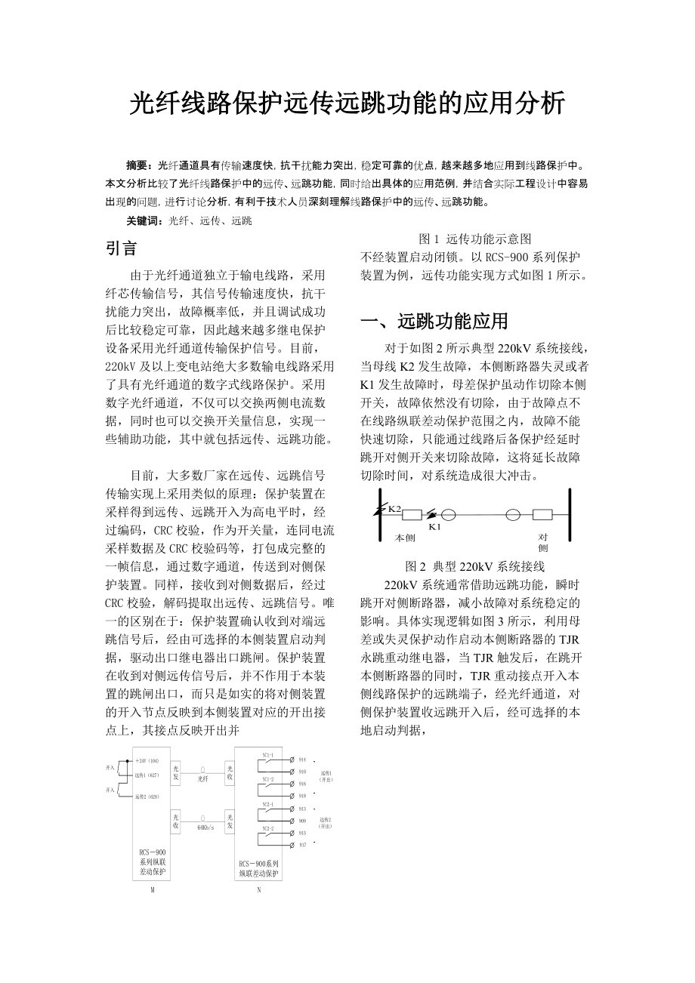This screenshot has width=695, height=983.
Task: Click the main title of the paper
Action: (347, 103)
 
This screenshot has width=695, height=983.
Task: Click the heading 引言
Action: (121, 248)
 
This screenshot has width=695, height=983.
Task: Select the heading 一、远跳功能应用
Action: (434, 321)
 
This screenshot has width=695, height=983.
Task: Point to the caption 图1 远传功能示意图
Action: (475, 239)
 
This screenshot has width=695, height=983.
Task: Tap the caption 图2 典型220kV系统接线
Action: (475, 566)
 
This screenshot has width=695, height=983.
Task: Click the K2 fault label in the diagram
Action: (394, 508)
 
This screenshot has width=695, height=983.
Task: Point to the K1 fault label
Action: (434, 526)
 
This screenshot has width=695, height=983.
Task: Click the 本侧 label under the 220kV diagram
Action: (406, 538)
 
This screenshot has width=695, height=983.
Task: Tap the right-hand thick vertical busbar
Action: (570, 516)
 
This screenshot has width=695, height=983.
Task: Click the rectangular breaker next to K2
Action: (412, 515)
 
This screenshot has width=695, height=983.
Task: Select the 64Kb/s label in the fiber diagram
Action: (205, 827)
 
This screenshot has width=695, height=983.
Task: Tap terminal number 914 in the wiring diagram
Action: (302, 760)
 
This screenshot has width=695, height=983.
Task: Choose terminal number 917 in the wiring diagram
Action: (302, 845)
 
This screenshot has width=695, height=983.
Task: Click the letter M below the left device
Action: (153, 890)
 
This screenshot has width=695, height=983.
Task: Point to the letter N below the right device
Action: (259, 890)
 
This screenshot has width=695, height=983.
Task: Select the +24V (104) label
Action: (147, 760)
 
